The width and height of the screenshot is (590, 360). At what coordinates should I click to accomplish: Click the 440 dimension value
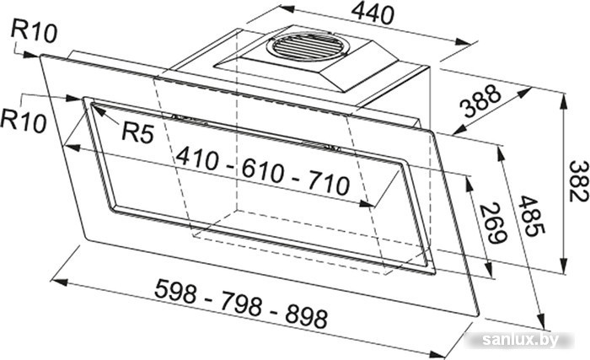coord(373,14)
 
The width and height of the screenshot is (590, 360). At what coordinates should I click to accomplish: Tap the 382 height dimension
coord(578,180)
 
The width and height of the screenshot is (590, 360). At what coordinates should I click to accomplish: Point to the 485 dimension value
coord(531,216)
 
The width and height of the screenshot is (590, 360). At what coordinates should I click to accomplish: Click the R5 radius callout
coord(138,132)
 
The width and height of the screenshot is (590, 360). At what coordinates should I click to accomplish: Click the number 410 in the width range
coord(197,159)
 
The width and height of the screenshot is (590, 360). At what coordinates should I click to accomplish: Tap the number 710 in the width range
coord(329,184)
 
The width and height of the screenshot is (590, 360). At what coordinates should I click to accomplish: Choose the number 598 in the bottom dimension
coord(175,290)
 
